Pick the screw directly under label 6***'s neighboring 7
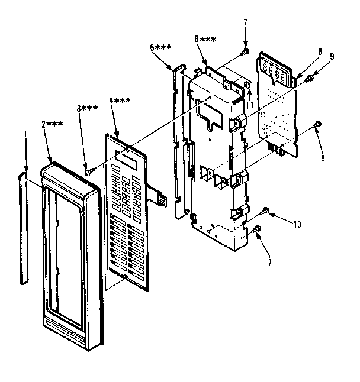click(243, 53)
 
